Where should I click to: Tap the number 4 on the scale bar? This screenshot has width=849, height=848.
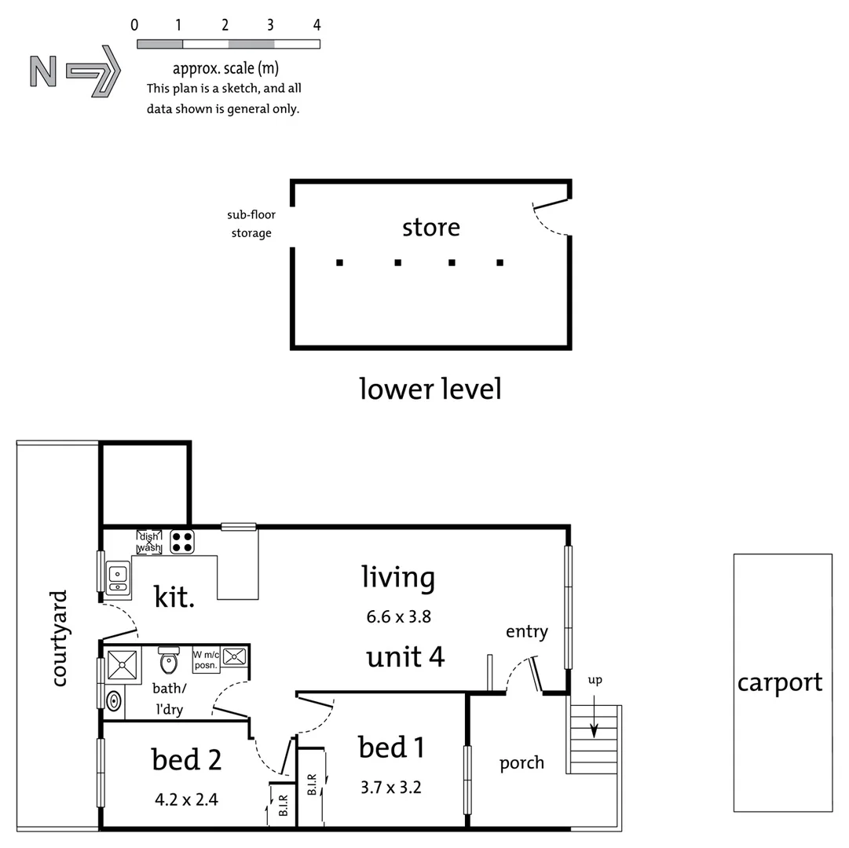317,25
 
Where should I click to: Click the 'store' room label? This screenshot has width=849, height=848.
430,228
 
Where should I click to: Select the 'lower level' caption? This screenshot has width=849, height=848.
430,389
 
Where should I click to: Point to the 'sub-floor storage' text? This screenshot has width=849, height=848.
251,224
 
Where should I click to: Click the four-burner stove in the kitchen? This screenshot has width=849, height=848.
182,543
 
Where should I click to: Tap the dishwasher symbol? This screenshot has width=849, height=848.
149,542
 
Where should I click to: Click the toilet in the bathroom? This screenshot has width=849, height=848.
169,662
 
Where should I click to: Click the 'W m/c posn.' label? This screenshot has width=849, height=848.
205,660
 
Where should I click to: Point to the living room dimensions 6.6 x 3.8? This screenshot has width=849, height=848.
398,616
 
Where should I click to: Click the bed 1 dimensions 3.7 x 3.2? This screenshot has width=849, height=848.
390,787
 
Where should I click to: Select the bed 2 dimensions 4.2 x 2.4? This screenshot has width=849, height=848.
186,800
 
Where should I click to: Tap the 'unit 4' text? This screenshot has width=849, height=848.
405,656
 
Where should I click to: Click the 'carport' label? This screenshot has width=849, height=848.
779,683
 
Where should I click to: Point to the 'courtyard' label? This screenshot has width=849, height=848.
59,638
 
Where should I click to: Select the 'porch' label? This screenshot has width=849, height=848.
521,762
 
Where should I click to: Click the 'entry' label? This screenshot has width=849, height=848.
526,631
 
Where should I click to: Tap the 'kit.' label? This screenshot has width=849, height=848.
174,597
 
